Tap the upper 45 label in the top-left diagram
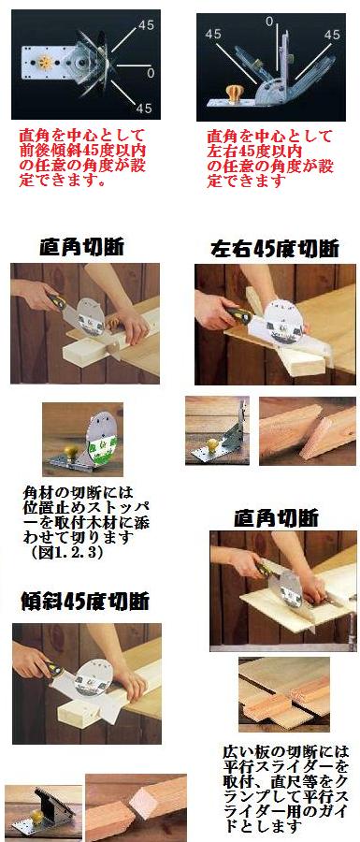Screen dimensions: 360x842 click(147, 24)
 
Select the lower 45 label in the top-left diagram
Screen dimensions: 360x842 click(144, 108)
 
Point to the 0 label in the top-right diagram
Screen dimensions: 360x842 click(270, 22)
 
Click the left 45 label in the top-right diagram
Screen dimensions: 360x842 click(213, 34)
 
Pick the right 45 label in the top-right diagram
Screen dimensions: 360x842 click(332, 35)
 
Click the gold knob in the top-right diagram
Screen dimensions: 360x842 click(235, 93)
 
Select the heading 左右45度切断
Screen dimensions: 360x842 click(274, 250)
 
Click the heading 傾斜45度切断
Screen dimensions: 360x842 click(85, 602)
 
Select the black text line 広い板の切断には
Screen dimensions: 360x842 click(285, 750)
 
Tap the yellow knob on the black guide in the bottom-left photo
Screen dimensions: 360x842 click(36, 817)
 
